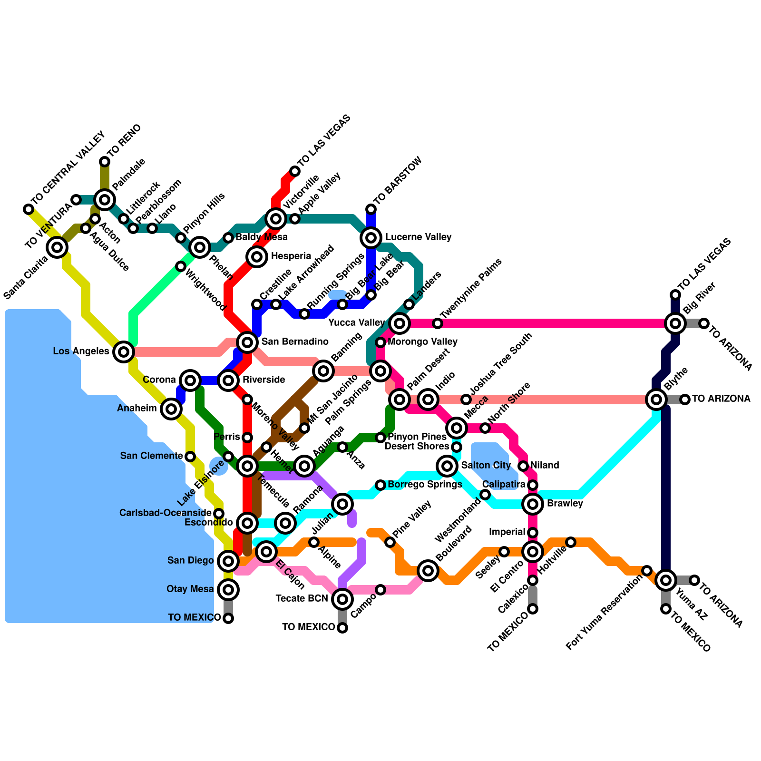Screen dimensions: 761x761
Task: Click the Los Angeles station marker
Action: [x=124, y=352]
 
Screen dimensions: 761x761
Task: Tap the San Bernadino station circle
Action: [x=247, y=341]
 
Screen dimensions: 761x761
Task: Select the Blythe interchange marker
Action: [x=656, y=399]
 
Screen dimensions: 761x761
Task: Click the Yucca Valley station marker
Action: [x=400, y=323]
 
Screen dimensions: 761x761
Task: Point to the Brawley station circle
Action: [x=533, y=504]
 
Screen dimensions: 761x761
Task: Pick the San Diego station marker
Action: [x=228, y=561]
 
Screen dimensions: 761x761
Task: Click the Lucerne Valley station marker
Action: [x=371, y=237]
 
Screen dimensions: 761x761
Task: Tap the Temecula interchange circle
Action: [x=247, y=466]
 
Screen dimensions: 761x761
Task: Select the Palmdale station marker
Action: [x=105, y=199]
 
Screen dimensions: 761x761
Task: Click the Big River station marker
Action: [x=675, y=323]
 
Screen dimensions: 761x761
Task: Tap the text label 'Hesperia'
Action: [x=291, y=256]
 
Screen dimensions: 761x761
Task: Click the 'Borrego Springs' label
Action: [x=425, y=485]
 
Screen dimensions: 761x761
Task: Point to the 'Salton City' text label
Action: [x=486, y=465]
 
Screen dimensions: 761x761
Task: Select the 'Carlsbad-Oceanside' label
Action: [x=165, y=513]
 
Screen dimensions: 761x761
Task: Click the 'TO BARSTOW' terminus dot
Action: [x=371, y=209]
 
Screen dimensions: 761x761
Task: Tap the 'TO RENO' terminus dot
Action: [x=105, y=162]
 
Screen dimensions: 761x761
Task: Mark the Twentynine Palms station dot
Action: [x=438, y=323]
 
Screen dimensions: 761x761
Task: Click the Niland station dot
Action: [x=523, y=466]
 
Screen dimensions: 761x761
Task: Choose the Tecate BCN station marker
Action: [x=342, y=599]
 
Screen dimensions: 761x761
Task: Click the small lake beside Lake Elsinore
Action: [x=218, y=467]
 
